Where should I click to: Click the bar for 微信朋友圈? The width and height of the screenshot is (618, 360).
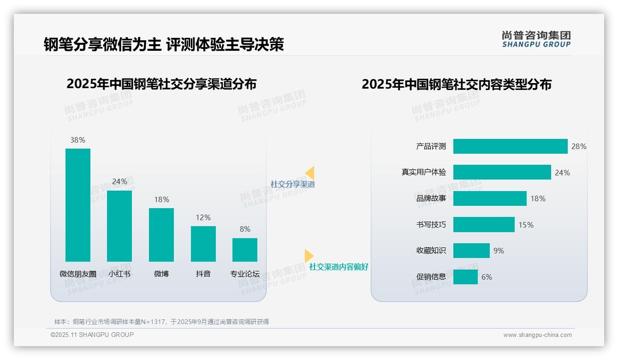point(78,205)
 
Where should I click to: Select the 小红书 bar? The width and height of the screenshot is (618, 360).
point(119,226)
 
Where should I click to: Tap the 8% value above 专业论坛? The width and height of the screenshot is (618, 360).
point(245,229)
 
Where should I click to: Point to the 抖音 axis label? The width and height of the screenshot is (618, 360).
point(203,274)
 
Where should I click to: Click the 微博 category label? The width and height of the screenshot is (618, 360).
point(161,274)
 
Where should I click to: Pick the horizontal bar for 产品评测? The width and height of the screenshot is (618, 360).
point(510,146)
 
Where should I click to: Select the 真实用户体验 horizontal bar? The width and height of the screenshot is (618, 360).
point(502,172)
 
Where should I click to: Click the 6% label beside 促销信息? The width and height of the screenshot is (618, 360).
point(487,277)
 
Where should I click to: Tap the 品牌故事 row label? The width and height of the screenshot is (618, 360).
point(431,198)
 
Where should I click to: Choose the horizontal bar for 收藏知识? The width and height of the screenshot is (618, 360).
point(471,251)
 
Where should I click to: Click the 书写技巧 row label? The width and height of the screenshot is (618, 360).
point(431,225)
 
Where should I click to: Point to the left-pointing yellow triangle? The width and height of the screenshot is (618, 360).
point(310,173)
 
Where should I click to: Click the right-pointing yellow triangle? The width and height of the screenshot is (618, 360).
point(309,256)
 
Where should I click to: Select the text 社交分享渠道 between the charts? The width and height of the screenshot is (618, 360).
point(293,184)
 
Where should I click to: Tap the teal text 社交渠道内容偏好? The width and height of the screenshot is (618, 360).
point(339,267)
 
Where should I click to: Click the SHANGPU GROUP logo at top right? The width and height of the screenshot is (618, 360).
point(536,39)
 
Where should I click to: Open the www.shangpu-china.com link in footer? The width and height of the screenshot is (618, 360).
point(537,335)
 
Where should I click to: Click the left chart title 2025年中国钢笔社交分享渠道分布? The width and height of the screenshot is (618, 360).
point(161,84)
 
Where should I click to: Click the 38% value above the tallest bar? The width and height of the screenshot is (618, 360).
point(77,140)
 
